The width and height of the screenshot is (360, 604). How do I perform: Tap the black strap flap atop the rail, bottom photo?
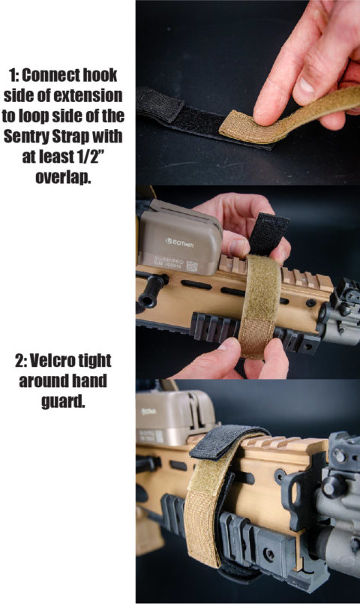225,446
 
